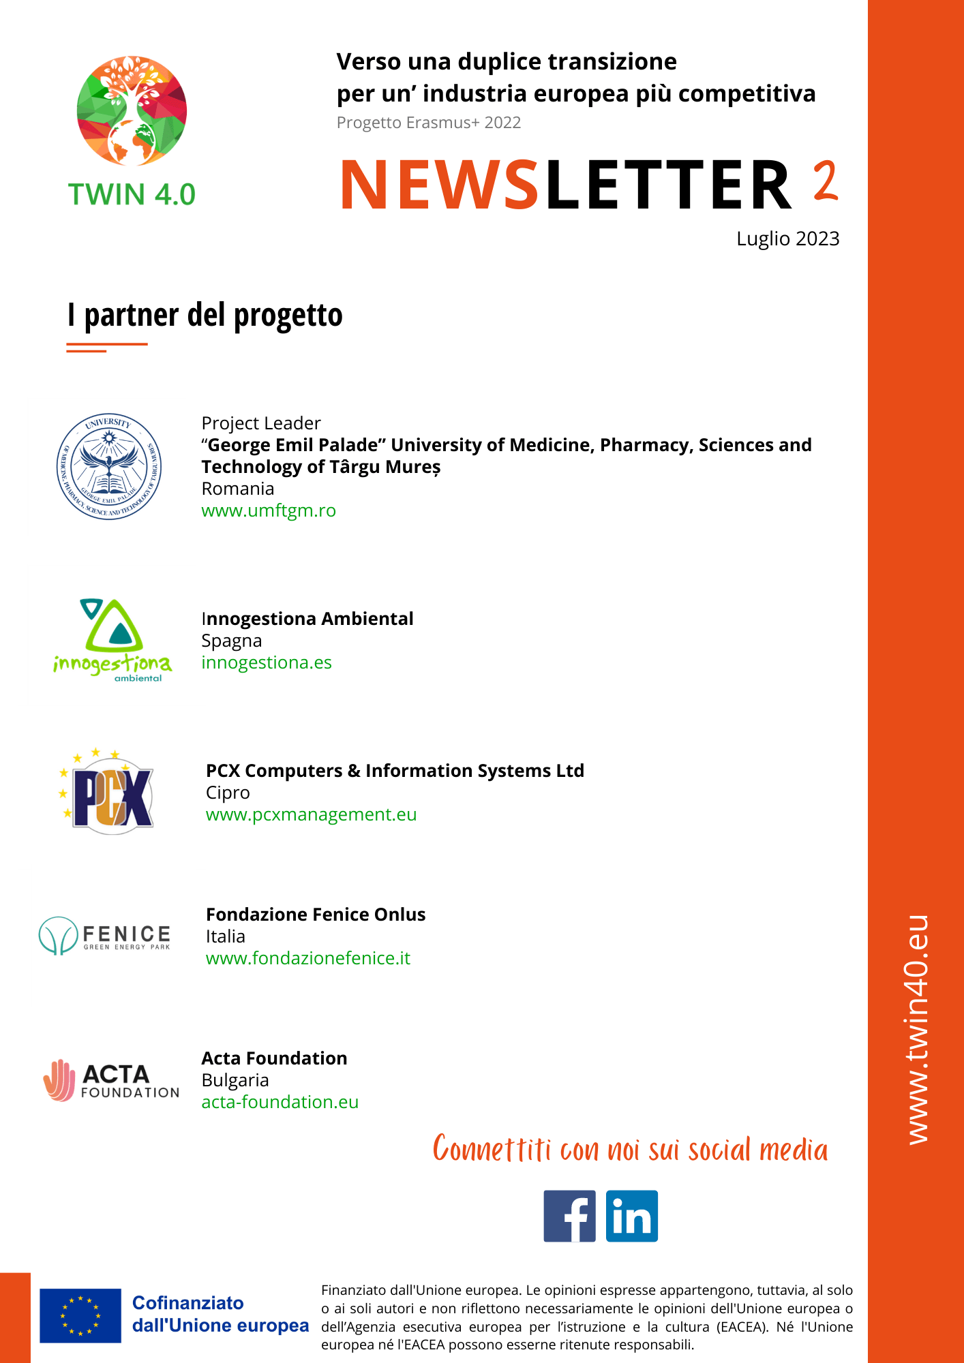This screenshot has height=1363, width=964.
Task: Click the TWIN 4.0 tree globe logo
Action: pyautogui.click(x=132, y=110)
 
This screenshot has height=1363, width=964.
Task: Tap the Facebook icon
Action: pyautogui.click(x=569, y=1216)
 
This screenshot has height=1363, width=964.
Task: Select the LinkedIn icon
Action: pyautogui.click(x=631, y=1216)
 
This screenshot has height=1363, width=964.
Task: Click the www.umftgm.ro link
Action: pyautogui.click(x=269, y=510)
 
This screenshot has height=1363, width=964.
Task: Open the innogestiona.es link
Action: pyautogui.click(x=267, y=662)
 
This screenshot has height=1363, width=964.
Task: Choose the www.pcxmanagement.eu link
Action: pyautogui.click(x=311, y=814)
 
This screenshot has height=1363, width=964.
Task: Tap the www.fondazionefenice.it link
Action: pyautogui.click(x=308, y=958)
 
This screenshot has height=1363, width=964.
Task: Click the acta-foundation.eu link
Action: pyautogui.click(x=280, y=1102)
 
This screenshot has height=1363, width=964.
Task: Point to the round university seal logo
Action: pyautogui.click(x=109, y=467)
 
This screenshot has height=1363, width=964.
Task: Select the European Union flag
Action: pyautogui.click(x=80, y=1315)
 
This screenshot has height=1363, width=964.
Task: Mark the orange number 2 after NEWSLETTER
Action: pyautogui.click(x=826, y=181)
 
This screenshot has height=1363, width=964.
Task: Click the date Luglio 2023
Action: pyautogui.click(x=787, y=239)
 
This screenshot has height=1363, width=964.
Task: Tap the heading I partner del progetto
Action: pyautogui.click(x=205, y=315)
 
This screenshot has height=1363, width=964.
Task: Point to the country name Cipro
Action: pyautogui.click(x=228, y=793)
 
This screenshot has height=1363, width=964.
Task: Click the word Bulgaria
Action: pyautogui.click(x=235, y=1080)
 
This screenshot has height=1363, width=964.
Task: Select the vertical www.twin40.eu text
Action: pyautogui.click(x=918, y=1029)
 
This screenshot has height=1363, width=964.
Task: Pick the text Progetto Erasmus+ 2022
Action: pyautogui.click(x=429, y=123)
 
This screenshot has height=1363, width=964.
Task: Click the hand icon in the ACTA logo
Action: pyautogui.click(x=59, y=1080)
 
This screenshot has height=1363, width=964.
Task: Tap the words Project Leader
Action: pyautogui.click(x=261, y=423)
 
